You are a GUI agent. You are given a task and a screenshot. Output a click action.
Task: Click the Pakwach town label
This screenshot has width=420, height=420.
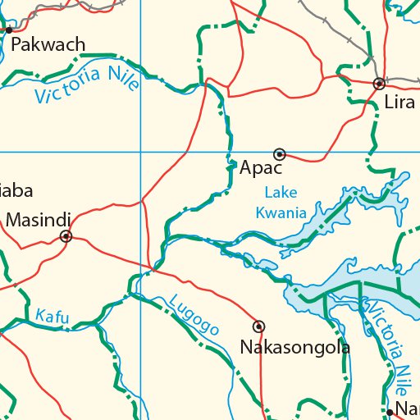(x=48, y=44)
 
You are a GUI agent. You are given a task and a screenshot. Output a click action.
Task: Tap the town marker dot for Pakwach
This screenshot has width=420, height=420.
(x=9, y=30)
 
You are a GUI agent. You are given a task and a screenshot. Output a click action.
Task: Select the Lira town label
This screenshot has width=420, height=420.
(x=400, y=103)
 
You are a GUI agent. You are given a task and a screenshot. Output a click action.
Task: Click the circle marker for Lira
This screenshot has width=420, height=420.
(x=379, y=84)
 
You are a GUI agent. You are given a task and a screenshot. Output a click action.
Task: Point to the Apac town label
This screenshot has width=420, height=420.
(x=261, y=168)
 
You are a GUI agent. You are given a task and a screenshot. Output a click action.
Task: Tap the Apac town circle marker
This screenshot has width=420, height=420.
(x=280, y=154)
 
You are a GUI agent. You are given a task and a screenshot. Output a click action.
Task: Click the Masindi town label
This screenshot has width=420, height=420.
(x=38, y=220)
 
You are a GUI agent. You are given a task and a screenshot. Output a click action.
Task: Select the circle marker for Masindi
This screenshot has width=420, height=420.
(x=66, y=237)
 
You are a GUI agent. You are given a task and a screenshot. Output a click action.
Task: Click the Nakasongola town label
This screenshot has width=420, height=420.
(x=294, y=347)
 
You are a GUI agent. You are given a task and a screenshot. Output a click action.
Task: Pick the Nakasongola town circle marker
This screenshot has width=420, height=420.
(x=259, y=326)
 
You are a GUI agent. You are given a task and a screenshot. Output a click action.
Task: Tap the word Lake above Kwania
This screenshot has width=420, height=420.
(x=281, y=194)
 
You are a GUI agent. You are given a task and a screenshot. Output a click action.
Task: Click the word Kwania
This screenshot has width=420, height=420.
(x=281, y=213)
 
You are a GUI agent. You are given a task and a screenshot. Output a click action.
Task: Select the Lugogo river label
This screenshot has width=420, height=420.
(x=194, y=314)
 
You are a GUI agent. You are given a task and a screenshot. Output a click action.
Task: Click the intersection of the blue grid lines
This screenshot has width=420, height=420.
(x=140, y=153)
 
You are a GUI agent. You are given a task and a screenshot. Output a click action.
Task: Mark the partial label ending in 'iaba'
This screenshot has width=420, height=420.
(x=16, y=191)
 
